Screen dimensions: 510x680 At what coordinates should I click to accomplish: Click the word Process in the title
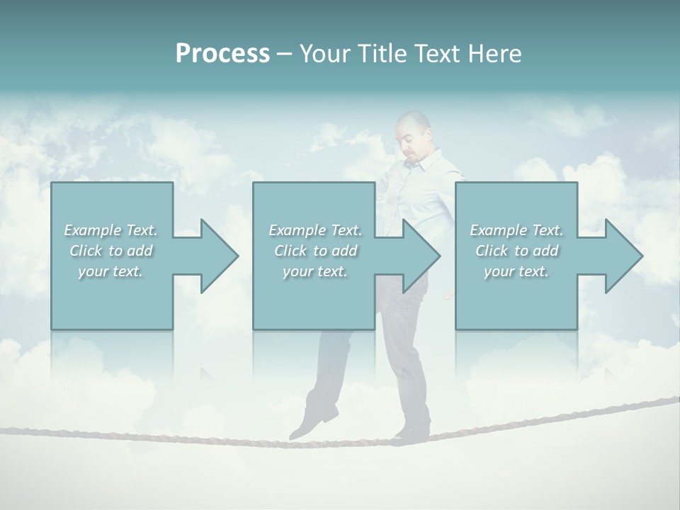click(222, 54)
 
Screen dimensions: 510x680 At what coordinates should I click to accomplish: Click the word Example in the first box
click(93, 230)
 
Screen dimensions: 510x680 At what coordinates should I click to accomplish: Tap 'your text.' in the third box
click(516, 271)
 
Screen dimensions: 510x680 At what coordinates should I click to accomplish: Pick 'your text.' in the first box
click(110, 271)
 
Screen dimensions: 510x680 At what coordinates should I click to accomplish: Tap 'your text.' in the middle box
click(314, 271)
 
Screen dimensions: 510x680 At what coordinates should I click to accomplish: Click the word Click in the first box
click(86, 251)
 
